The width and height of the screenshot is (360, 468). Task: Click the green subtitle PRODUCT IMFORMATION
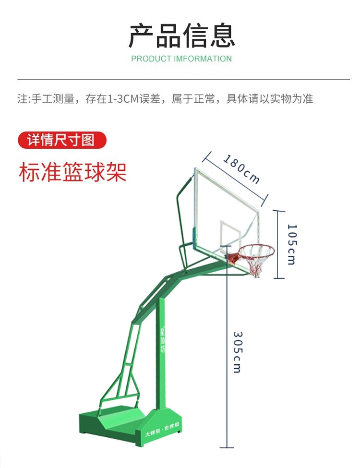coord(181,59)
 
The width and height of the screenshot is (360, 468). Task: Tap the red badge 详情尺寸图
coord(61,140)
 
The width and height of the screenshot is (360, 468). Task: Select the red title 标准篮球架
coord(73,172)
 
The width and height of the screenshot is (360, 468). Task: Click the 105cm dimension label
coord(292,244)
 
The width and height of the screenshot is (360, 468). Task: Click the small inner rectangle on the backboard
coord(230,233)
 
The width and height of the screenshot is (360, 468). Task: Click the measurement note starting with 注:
coord(165,99)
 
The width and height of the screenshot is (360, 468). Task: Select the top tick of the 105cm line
coord(279,211)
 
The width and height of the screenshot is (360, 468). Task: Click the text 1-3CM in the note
coord(122,99)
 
